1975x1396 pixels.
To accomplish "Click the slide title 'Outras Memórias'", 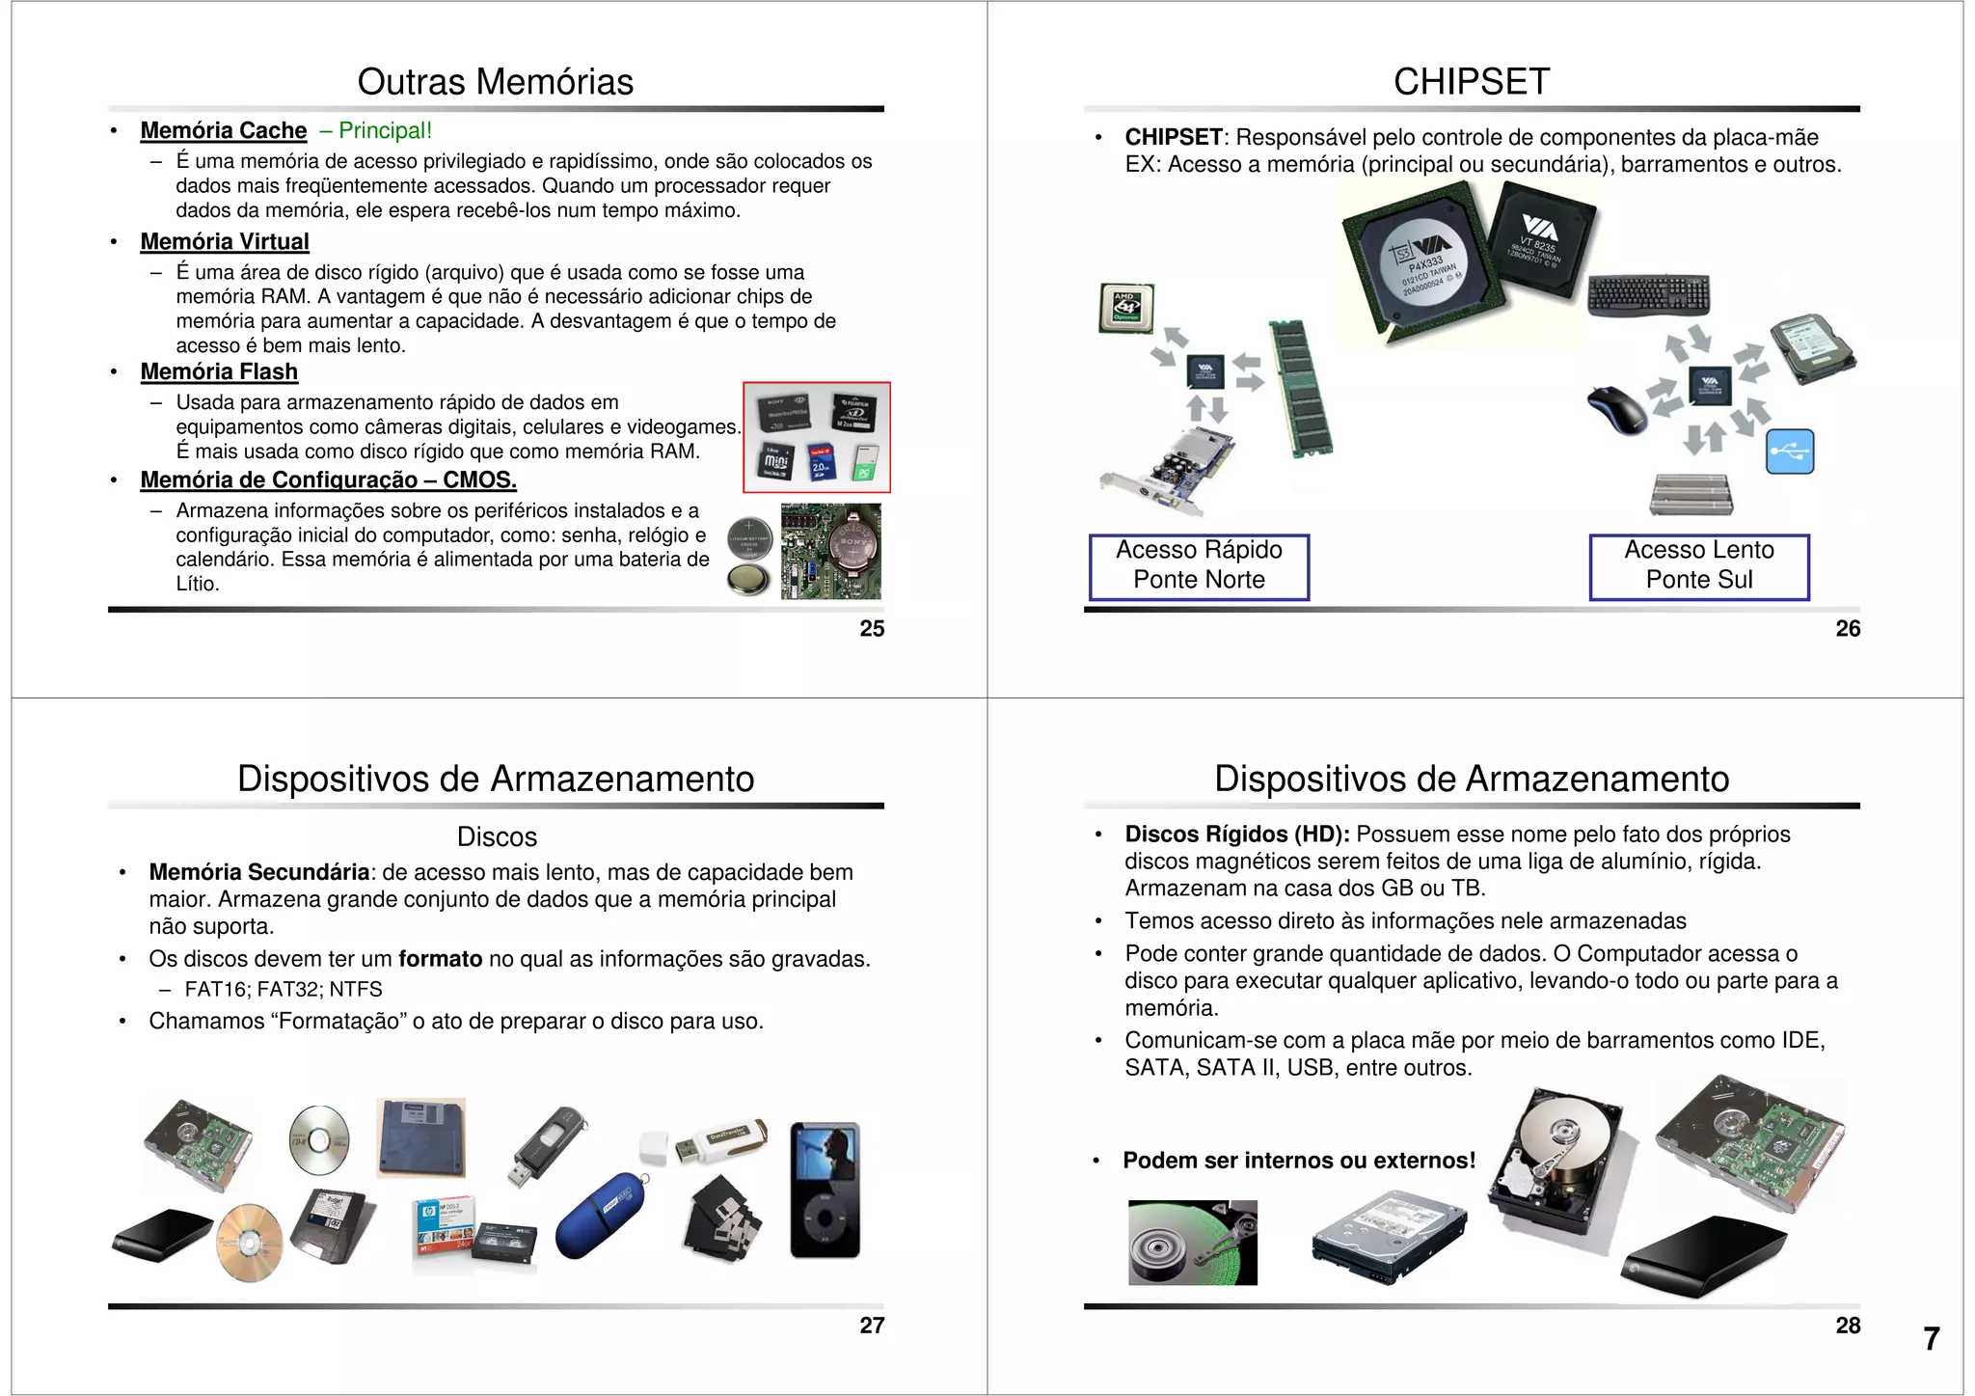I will point(495,82).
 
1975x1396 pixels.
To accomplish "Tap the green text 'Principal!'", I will point(385,130).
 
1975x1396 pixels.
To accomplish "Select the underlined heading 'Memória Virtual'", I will point(225,241).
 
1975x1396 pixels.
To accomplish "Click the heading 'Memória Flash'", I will point(219,371).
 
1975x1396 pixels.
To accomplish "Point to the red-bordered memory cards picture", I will point(816,437).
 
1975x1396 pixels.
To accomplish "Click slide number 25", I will point(872,629).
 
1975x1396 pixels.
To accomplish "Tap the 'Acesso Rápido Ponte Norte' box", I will point(1199,566).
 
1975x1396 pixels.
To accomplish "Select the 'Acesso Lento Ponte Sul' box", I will point(1698,566).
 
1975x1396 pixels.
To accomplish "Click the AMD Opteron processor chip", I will point(1126,308).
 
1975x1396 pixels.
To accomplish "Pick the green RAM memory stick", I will point(1301,388).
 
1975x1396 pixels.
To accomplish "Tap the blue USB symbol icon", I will point(1789,452).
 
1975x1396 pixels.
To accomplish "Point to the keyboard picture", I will point(1648,295).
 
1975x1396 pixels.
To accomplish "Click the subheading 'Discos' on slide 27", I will point(497,836).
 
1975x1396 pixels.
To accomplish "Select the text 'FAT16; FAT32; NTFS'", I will point(284,989).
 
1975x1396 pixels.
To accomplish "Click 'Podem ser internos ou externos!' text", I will point(1298,1161).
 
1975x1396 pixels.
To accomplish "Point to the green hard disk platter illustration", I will point(1192,1243).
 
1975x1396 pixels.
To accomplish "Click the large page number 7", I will point(1931,1339).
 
